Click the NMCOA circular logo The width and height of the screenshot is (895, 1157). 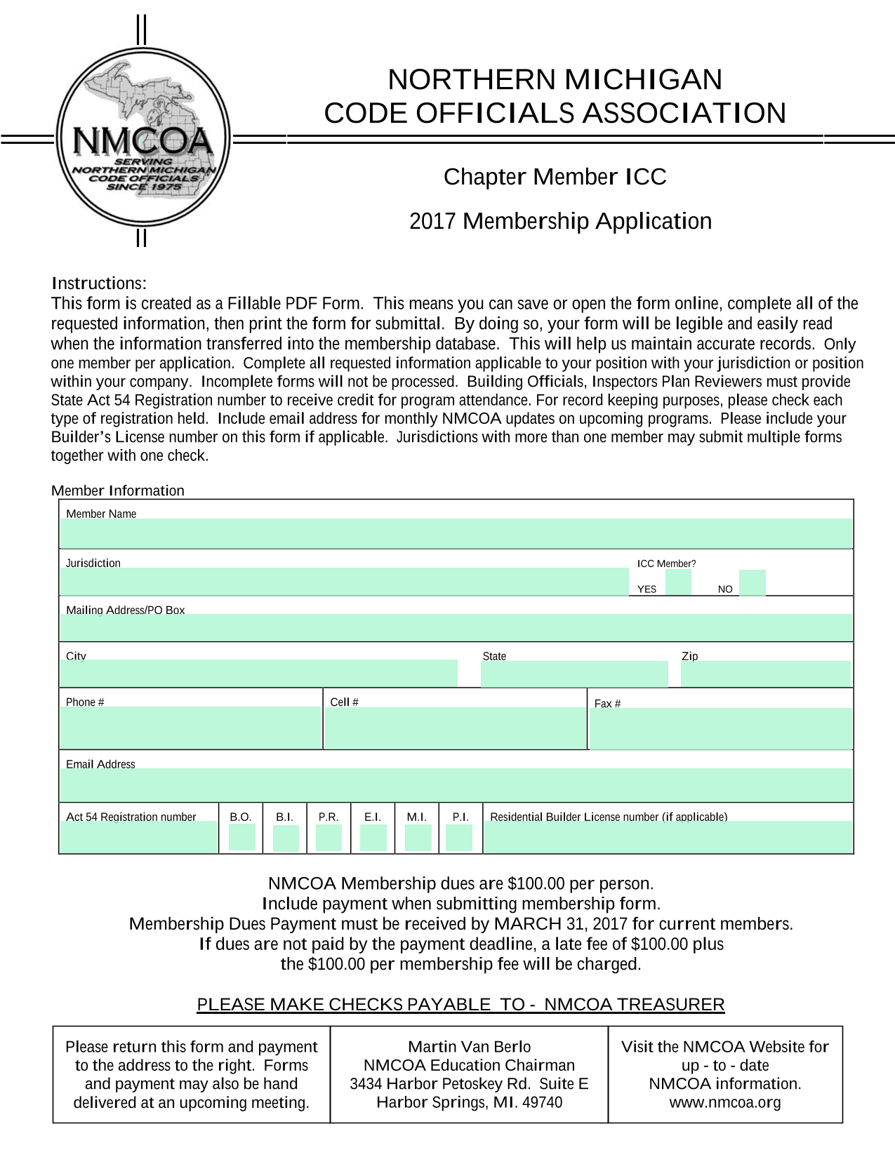pyautogui.click(x=143, y=137)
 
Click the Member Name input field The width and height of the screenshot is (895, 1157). pyautogui.click(x=456, y=533)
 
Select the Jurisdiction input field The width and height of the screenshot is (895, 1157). pyautogui.click(x=344, y=582)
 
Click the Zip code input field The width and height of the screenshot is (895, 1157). pyautogui.click(x=765, y=674)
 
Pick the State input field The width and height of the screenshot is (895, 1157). pyautogui.click(x=574, y=674)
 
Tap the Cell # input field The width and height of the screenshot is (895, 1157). pyautogui.click(x=455, y=728)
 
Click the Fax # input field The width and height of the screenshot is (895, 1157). pyautogui.click(x=720, y=728)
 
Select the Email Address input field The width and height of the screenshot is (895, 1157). pyautogui.click(x=456, y=784)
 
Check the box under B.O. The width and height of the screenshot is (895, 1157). pyautogui.click(x=242, y=838)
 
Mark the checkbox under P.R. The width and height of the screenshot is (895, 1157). pyautogui.click(x=329, y=838)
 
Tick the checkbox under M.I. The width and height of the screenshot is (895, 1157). pyautogui.click(x=418, y=838)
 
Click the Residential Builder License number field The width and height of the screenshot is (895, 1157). pyautogui.click(x=668, y=837)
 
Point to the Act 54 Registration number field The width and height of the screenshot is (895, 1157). pyautogui.click(x=139, y=837)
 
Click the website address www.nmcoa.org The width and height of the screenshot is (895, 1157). pyautogui.click(x=725, y=1102)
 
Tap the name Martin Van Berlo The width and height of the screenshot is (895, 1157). pyautogui.click(x=470, y=1047)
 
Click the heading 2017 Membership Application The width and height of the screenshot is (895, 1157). pyautogui.click(x=560, y=221)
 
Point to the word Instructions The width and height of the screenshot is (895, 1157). pyautogui.click(x=99, y=283)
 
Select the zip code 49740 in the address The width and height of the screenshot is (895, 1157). pyautogui.click(x=543, y=1102)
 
